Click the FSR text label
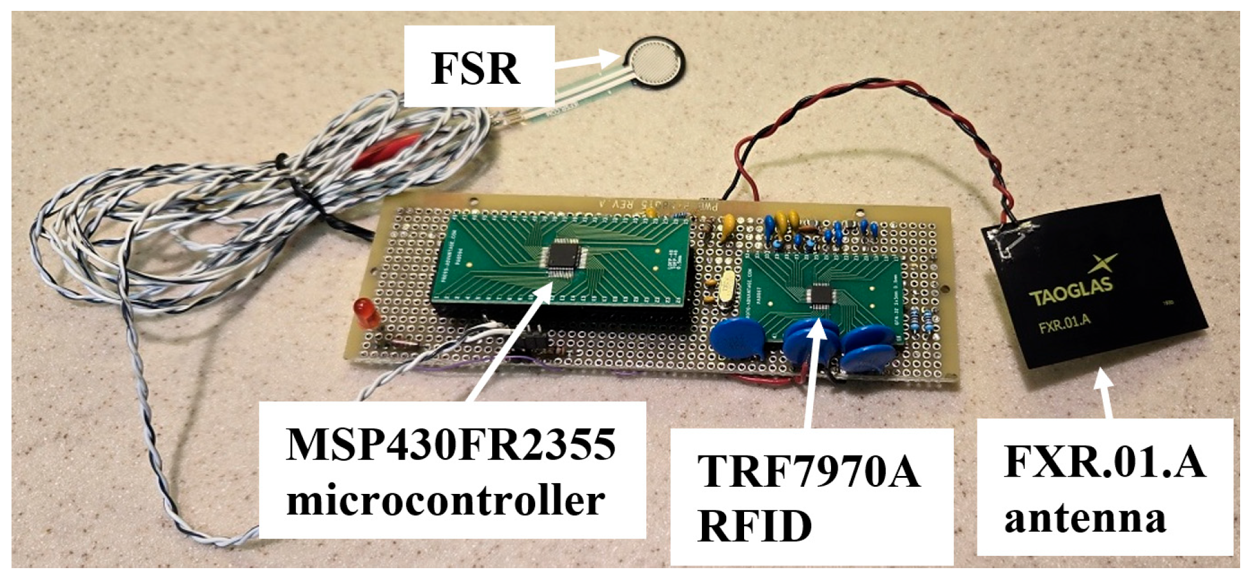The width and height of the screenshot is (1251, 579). tap(476, 68)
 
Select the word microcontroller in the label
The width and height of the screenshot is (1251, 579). tap(446, 501)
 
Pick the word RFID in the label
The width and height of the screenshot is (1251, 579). tap(754, 527)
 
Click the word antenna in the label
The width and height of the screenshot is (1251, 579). tap(1085, 518)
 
